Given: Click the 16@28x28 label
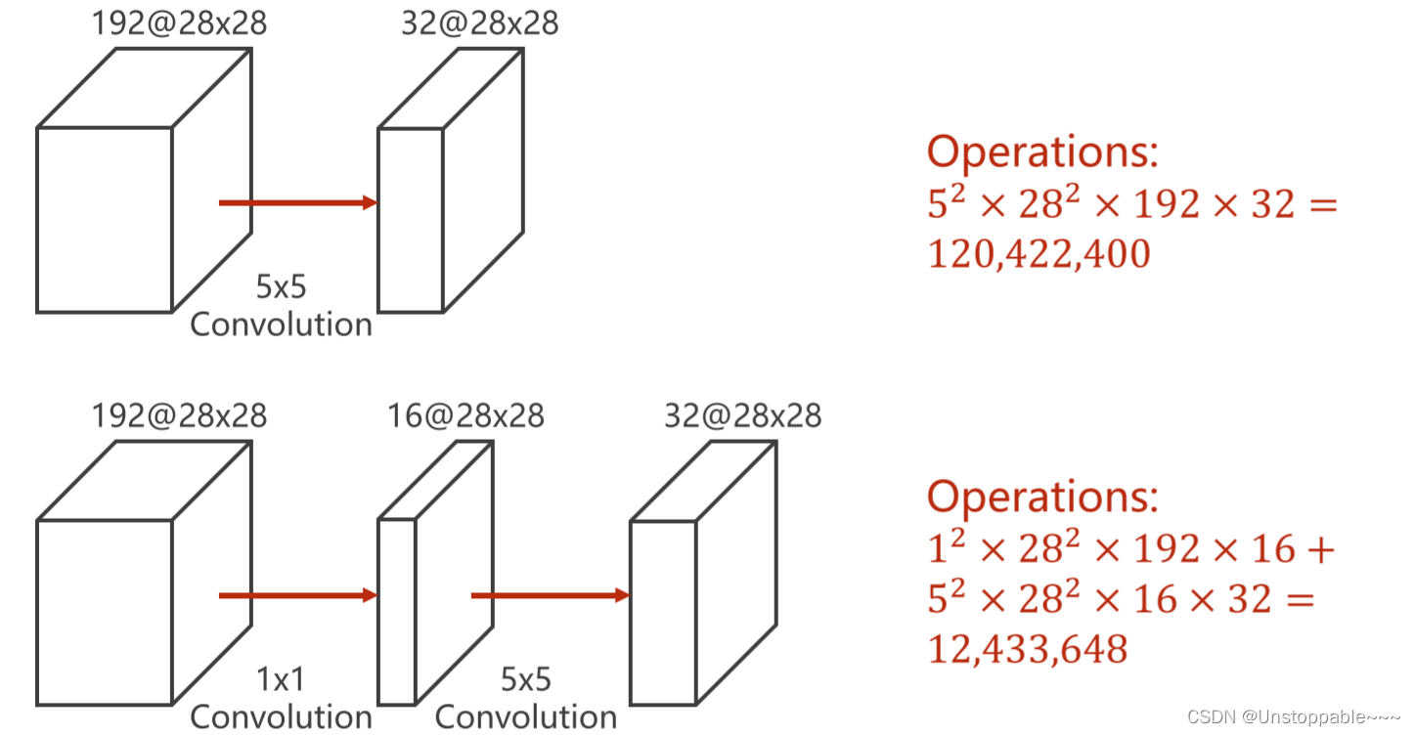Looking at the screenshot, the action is coord(465,415).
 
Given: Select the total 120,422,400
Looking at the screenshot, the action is coord(1038,254).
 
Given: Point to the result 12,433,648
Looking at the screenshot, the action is coord(1027,648).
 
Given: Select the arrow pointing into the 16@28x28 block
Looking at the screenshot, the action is coord(297,595).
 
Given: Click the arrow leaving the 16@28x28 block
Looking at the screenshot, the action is coord(550,595).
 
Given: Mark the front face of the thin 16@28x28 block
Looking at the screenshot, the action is coord(397,612).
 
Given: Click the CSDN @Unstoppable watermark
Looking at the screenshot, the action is coord(1295,717).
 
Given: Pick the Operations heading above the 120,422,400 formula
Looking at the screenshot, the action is coord(1042,152).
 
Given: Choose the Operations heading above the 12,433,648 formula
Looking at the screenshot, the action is coord(1042,497).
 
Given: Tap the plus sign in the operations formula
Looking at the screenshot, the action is coord(1319,550).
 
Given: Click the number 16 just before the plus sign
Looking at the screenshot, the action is coord(1272,550).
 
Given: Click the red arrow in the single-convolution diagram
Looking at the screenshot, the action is coord(297,202).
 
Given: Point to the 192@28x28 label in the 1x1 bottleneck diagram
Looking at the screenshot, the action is coord(179,415).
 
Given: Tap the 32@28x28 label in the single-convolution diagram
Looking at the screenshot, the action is coord(479,23).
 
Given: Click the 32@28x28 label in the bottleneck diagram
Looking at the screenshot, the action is coord(742,415).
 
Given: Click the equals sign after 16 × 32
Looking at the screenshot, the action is coord(1300,599).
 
